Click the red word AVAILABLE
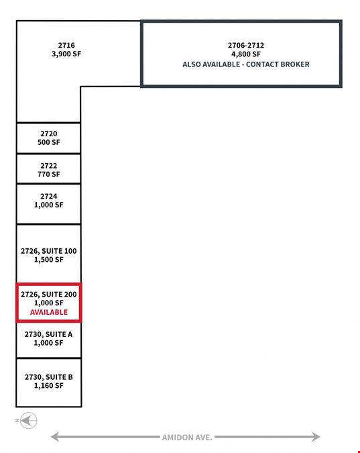point(49,312)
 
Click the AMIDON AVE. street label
point(187,438)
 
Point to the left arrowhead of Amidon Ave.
point(55,436)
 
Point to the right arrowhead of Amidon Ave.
point(316,436)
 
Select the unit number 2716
point(66,46)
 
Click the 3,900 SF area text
point(66,54)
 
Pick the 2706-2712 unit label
point(246,46)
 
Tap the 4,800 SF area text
point(246,54)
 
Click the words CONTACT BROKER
point(278,64)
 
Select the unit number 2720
point(49,134)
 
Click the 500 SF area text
point(49,142)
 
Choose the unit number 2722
point(49,166)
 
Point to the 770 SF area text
point(49,174)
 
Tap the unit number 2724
point(49,197)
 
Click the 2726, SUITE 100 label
point(49,251)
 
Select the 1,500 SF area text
point(49,260)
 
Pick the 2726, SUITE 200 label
point(49,294)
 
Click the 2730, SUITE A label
point(48,334)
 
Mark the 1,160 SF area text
point(49,386)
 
